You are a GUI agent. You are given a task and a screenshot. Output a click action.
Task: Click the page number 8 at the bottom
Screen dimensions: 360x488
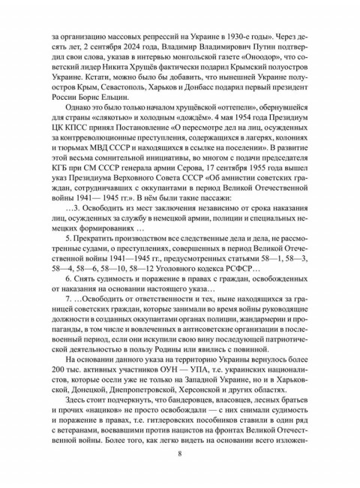(x=180, y=453)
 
